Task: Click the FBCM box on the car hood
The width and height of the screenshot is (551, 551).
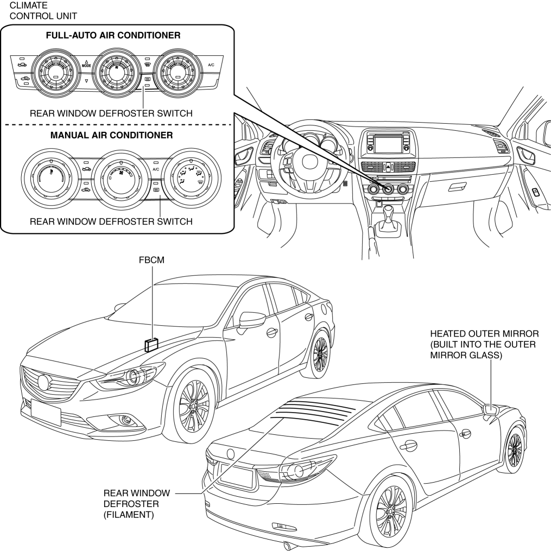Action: [151, 344]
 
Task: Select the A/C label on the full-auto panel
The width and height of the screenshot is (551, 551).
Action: [212, 65]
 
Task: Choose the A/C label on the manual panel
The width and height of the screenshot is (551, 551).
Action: [155, 169]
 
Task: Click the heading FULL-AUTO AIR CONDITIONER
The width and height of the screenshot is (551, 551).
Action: [113, 36]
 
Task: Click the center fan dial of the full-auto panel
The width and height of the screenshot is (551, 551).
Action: [116, 73]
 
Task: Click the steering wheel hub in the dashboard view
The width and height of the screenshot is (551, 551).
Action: [307, 163]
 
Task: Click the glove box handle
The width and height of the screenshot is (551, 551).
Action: [457, 186]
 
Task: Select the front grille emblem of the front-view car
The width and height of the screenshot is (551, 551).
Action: [43, 382]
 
